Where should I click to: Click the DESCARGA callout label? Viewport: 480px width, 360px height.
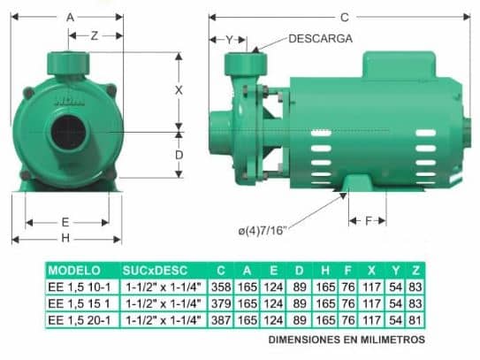point(320,39)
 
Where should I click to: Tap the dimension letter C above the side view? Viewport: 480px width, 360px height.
point(344,17)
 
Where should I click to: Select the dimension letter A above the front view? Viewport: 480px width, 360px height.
point(70,17)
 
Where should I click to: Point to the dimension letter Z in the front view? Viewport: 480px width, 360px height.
point(93,35)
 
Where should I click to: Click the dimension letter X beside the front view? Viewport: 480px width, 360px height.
point(178,90)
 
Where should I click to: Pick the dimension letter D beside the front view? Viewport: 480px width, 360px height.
point(178,155)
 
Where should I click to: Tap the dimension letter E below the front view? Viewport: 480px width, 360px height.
point(65,221)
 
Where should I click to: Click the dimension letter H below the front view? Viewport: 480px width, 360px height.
point(65,238)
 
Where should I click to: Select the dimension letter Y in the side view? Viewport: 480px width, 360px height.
point(229,40)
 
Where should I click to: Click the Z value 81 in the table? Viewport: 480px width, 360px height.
point(416,318)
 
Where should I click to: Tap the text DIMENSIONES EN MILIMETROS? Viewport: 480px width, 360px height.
point(347,339)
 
